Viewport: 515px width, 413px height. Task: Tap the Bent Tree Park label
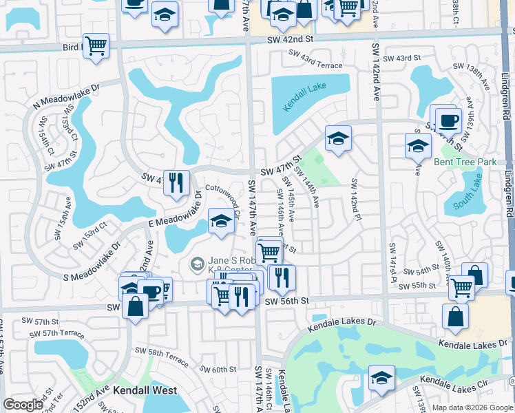coord(465,162)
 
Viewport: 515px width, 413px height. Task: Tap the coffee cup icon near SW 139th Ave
coord(448,121)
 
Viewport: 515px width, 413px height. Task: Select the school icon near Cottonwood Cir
coord(220,221)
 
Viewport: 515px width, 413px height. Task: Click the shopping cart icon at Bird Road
coord(96,45)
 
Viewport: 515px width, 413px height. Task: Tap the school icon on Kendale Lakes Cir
coord(381,377)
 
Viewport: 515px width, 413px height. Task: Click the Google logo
coord(23,405)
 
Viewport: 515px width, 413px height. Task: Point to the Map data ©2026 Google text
coord(472,407)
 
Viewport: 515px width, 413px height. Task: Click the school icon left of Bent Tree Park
coord(418,145)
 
